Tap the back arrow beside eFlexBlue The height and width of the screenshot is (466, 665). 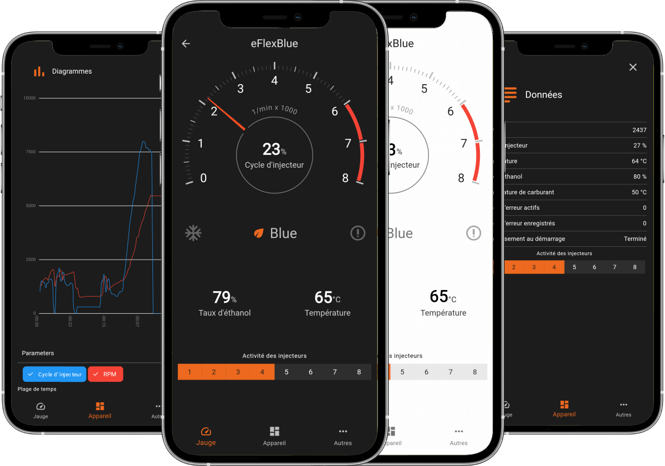(x=186, y=44)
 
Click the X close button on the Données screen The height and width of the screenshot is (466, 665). (x=633, y=67)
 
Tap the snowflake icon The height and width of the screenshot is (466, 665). (x=193, y=233)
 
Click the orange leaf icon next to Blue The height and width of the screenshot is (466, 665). (x=258, y=234)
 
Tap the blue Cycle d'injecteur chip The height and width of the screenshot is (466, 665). (x=54, y=374)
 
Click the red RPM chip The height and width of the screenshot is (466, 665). (x=105, y=374)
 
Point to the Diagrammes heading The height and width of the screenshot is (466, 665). (x=72, y=71)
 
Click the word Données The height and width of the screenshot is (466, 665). (x=543, y=95)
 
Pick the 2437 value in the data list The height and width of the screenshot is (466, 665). (x=639, y=130)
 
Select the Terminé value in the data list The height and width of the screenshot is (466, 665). (x=635, y=239)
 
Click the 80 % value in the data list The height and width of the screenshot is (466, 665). (x=640, y=177)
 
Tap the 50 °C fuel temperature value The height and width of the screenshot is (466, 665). (x=639, y=192)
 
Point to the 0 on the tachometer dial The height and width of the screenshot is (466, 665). (x=203, y=178)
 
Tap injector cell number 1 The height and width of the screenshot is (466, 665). (x=190, y=372)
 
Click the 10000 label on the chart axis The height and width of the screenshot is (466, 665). (x=29, y=98)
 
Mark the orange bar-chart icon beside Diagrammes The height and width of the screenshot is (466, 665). (x=39, y=71)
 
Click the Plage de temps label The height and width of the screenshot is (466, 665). (x=37, y=389)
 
